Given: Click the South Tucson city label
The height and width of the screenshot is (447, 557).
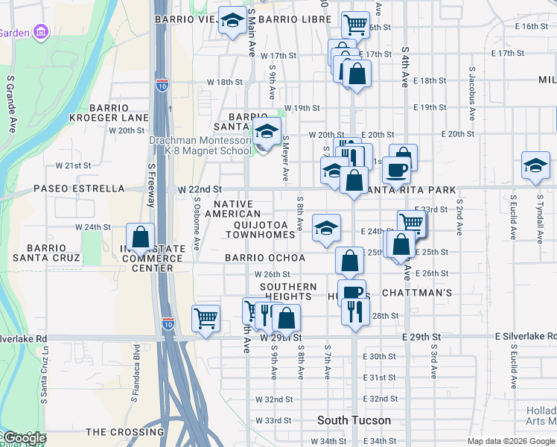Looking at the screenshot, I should tap(354, 420).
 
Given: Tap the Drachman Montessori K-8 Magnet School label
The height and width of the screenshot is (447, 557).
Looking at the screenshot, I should tap(200, 145).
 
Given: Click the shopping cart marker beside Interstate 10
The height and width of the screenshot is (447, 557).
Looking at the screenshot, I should tap(206, 319).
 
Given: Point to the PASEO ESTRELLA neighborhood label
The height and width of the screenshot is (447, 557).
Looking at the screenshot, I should tap(79, 188).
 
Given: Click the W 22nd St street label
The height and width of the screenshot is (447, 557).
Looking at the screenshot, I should tap(200, 189).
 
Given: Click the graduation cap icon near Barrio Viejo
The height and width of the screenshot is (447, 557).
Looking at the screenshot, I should tap(232, 22).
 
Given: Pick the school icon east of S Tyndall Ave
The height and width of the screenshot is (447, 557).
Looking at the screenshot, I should tap(535, 167).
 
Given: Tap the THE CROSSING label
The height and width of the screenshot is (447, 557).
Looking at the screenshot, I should tap(125, 431).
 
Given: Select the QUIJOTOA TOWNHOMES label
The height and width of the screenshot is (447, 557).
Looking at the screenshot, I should tap(264, 229).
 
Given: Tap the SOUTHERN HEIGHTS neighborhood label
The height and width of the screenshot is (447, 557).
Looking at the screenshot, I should tap(288, 291).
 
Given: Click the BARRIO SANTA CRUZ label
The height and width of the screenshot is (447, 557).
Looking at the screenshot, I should tap(53, 253).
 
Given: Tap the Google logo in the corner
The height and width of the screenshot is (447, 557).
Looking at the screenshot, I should tap(25, 438).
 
